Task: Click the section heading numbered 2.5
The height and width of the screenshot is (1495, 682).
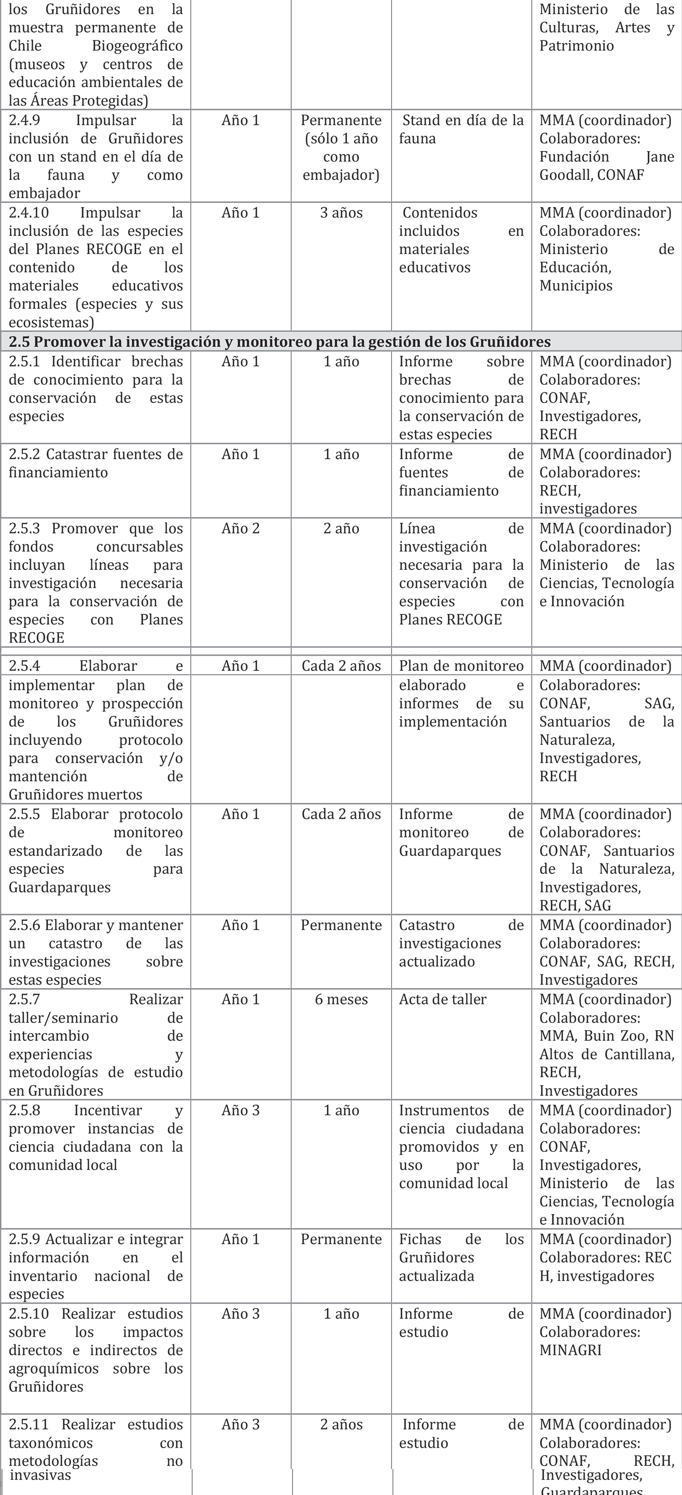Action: click(279, 341)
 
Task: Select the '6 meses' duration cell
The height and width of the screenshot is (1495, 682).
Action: click(341, 999)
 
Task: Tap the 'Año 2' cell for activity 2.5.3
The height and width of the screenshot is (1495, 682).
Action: click(240, 528)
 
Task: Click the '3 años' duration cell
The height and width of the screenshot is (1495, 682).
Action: click(341, 213)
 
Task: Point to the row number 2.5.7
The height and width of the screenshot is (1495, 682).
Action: click(25, 999)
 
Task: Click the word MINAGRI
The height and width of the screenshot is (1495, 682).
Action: click(570, 1350)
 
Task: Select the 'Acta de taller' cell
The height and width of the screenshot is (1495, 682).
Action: click(442, 999)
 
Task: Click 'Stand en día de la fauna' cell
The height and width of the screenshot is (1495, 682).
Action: click(462, 129)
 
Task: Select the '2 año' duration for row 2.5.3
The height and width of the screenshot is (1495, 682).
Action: click(341, 528)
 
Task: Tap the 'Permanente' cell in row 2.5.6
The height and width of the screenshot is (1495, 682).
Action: click(341, 925)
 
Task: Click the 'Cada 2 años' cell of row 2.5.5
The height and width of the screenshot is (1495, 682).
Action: click(341, 814)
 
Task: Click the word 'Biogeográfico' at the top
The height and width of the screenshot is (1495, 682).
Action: click(137, 46)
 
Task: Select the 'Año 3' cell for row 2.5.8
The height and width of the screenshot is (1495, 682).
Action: click(240, 1110)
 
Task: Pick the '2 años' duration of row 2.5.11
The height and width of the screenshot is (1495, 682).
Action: click(341, 1424)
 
